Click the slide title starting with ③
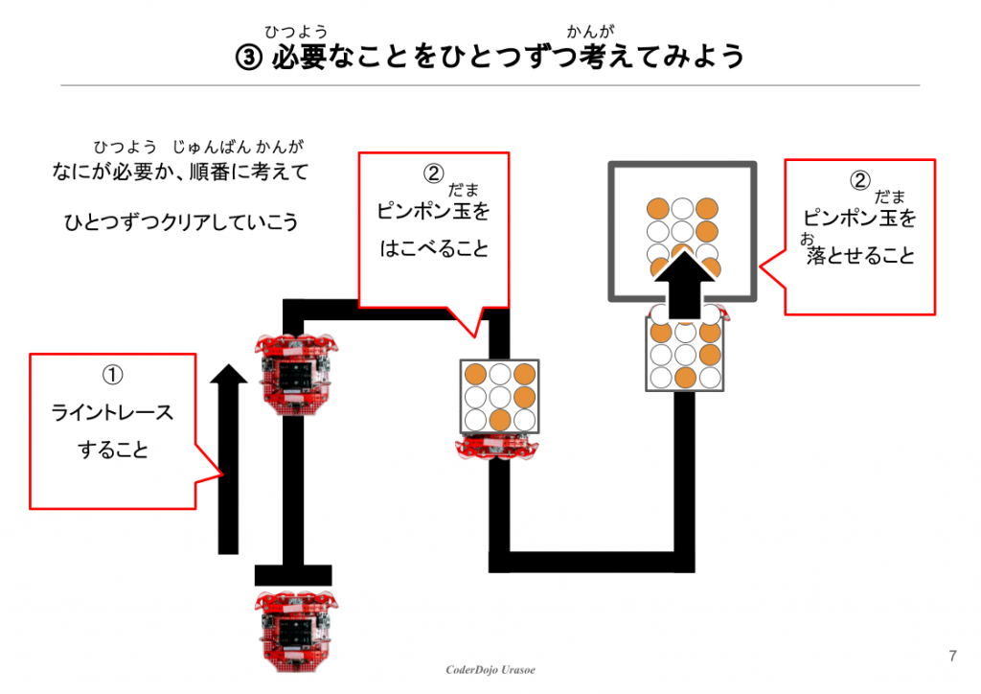490,57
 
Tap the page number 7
951,657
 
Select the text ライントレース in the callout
113,413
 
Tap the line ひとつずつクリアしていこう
181,222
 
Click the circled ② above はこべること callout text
434,173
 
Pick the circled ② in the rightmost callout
860,179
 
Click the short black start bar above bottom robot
293,575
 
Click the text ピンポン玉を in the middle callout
434,212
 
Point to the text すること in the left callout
113,450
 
